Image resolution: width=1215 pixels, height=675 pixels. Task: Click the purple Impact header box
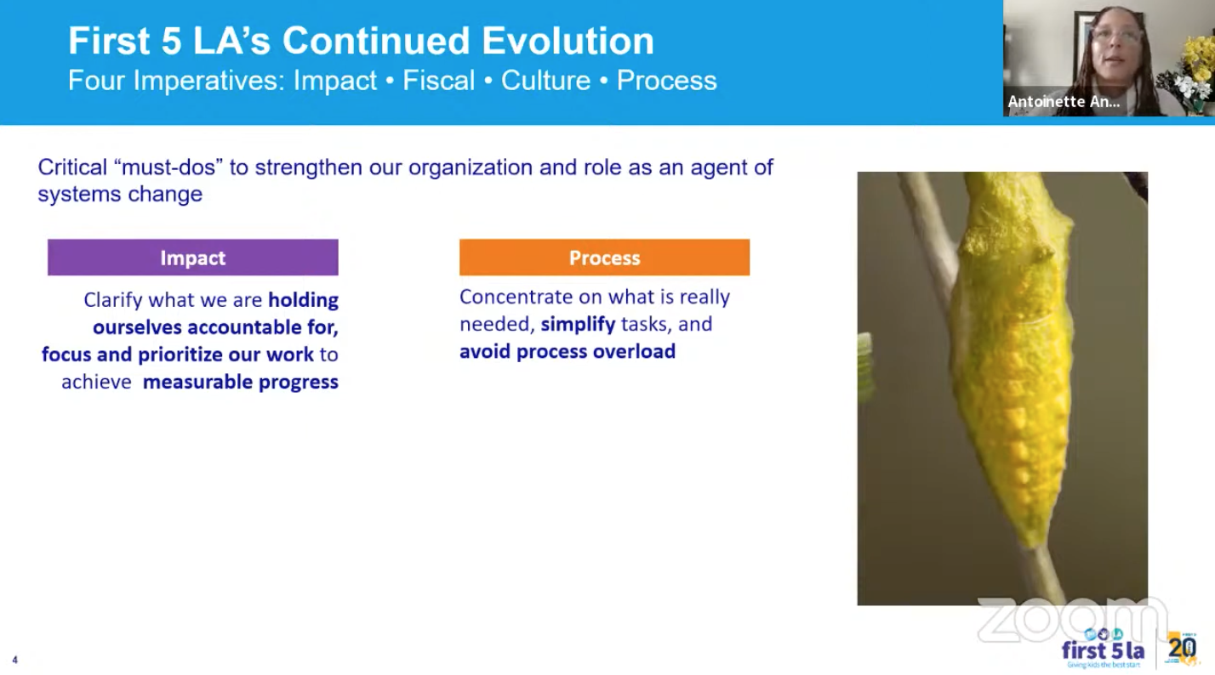click(192, 258)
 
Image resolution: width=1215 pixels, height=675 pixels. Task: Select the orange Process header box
click(604, 258)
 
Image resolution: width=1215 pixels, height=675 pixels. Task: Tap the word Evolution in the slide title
click(568, 41)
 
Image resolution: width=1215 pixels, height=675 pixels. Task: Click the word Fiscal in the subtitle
click(439, 81)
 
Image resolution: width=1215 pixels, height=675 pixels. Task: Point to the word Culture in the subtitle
click(545, 81)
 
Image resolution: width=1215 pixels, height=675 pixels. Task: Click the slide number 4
click(14, 660)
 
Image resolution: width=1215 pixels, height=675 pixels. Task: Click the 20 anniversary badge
click(1183, 648)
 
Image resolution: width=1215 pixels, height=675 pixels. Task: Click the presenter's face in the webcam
click(1115, 43)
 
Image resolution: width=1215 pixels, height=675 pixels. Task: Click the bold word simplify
click(578, 324)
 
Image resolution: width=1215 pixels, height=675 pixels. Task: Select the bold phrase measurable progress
click(240, 383)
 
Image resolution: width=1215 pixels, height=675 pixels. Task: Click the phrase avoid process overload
click(568, 351)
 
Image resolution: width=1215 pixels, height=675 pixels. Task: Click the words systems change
click(120, 194)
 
